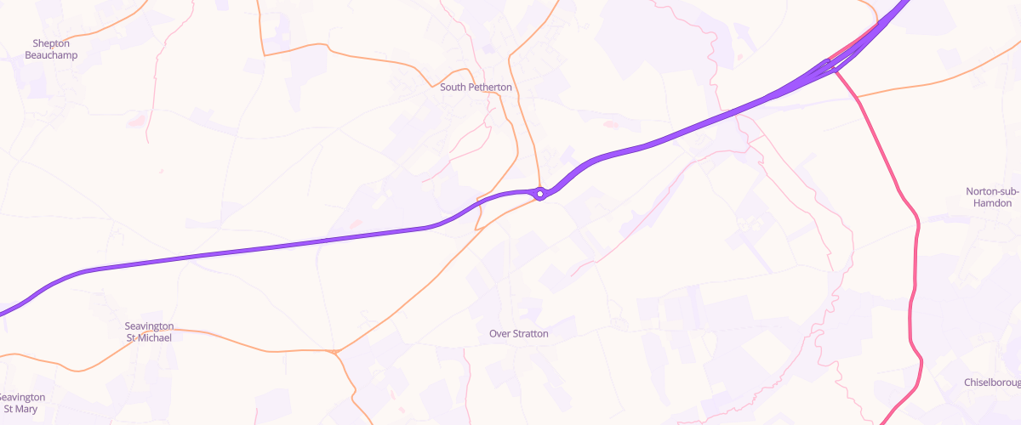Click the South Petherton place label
(476, 87)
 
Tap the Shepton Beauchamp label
(51, 49)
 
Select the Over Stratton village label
(518, 334)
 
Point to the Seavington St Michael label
(149, 331)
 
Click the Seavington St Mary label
(22, 403)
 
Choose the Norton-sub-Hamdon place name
(993, 197)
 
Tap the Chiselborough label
(992, 382)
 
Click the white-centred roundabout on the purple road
(539, 194)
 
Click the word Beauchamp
(51, 55)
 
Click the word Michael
(155, 337)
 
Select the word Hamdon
(993, 203)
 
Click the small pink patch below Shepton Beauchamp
(136, 122)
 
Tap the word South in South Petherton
(453, 87)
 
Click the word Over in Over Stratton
(499, 334)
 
